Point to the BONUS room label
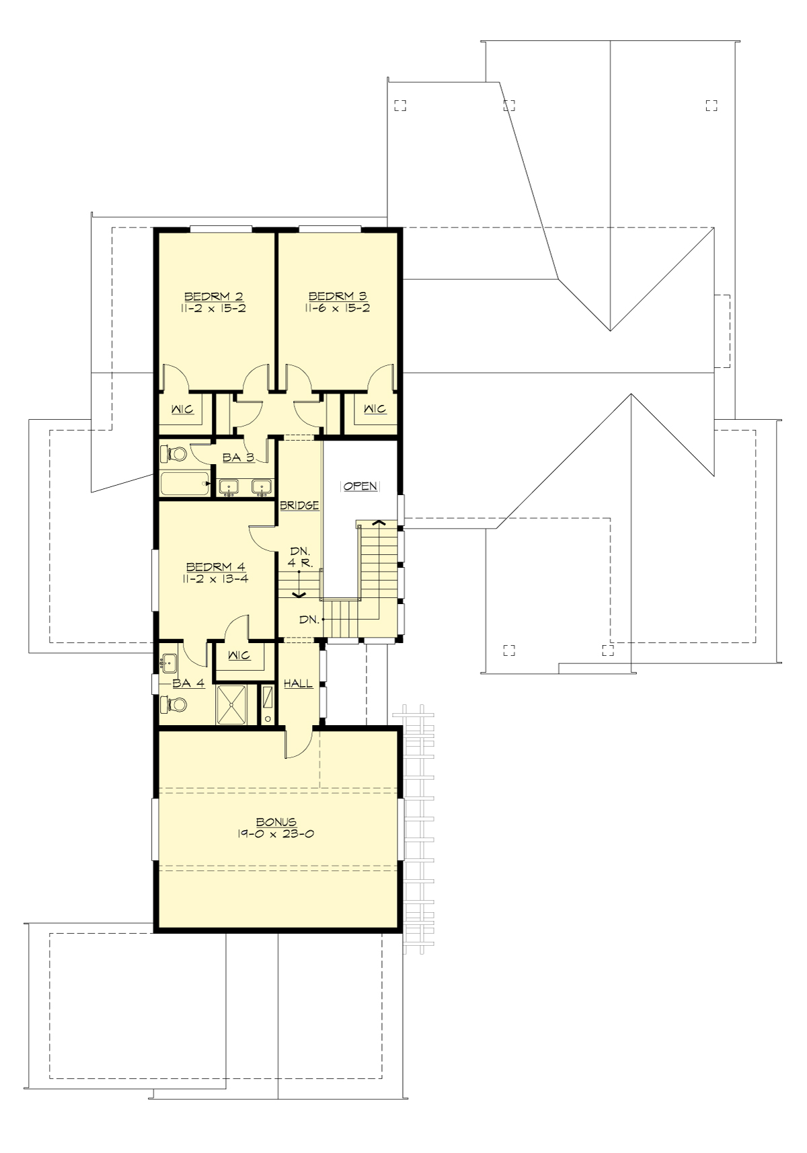(x=276, y=821)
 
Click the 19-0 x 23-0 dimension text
(x=276, y=834)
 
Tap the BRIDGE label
(x=299, y=505)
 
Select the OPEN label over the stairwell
(x=360, y=486)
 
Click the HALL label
(x=298, y=683)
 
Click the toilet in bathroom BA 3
(x=174, y=455)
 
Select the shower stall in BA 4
(x=233, y=704)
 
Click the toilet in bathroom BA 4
(x=174, y=704)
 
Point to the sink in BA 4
(x=169, y=663)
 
